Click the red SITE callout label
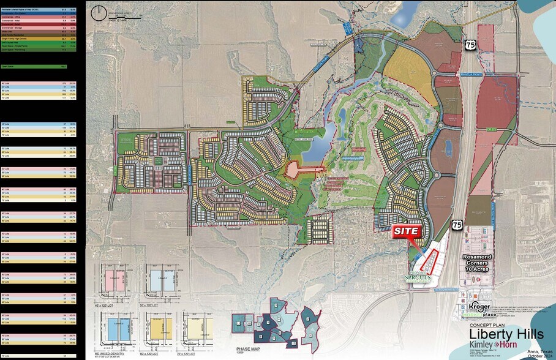click(x=407, y=231)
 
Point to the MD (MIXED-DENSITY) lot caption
click(x=113, y=354)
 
